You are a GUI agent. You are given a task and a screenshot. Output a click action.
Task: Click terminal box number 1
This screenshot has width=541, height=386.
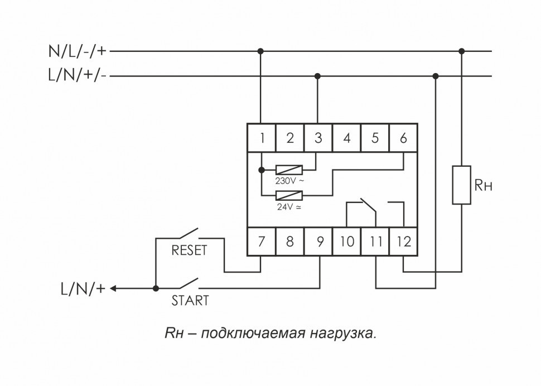pyautogui.click(x=261, y=138)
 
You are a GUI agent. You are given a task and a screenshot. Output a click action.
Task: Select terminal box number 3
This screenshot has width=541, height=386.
pyautogui.click(x=318, y=138)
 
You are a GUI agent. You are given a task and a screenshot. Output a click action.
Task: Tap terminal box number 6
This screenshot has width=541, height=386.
pyautogui.click(x=403, y=138)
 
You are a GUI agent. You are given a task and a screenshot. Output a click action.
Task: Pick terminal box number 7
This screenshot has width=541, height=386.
pyautogui.click(x=261, y=242)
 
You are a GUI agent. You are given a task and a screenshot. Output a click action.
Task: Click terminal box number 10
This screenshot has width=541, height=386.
pyautogui.click(x=346, y=242)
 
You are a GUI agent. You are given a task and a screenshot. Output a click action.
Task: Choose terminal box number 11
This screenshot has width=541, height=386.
pyautogui.click(x=375, y=242)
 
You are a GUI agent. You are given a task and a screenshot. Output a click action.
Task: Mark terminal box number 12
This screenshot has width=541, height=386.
pyautogui.click(x=403, y=242)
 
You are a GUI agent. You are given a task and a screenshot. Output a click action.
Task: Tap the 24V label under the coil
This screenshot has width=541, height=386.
pyautogui.click(x=289, y=206)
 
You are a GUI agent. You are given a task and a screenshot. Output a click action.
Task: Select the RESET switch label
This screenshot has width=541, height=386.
pyautogui.click(x=189, y=250)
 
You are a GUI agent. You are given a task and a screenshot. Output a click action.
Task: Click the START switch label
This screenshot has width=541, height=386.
pyautogui.click(x=190, y=301)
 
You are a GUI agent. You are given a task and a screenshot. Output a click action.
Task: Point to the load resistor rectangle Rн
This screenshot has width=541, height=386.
pyautogui.click(x=461, y=185)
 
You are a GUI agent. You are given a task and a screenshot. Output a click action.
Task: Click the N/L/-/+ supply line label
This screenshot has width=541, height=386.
pyautogui.click(x=79, y=52)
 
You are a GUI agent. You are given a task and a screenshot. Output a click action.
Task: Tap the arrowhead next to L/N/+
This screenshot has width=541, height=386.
pyautogui.click(x=113, y=289)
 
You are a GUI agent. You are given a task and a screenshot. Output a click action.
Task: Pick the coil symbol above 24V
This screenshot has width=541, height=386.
pyautogui.click(x=289, y=195)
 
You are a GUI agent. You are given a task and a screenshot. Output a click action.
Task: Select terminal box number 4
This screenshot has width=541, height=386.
pyautogui.click(x=346, y=138)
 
